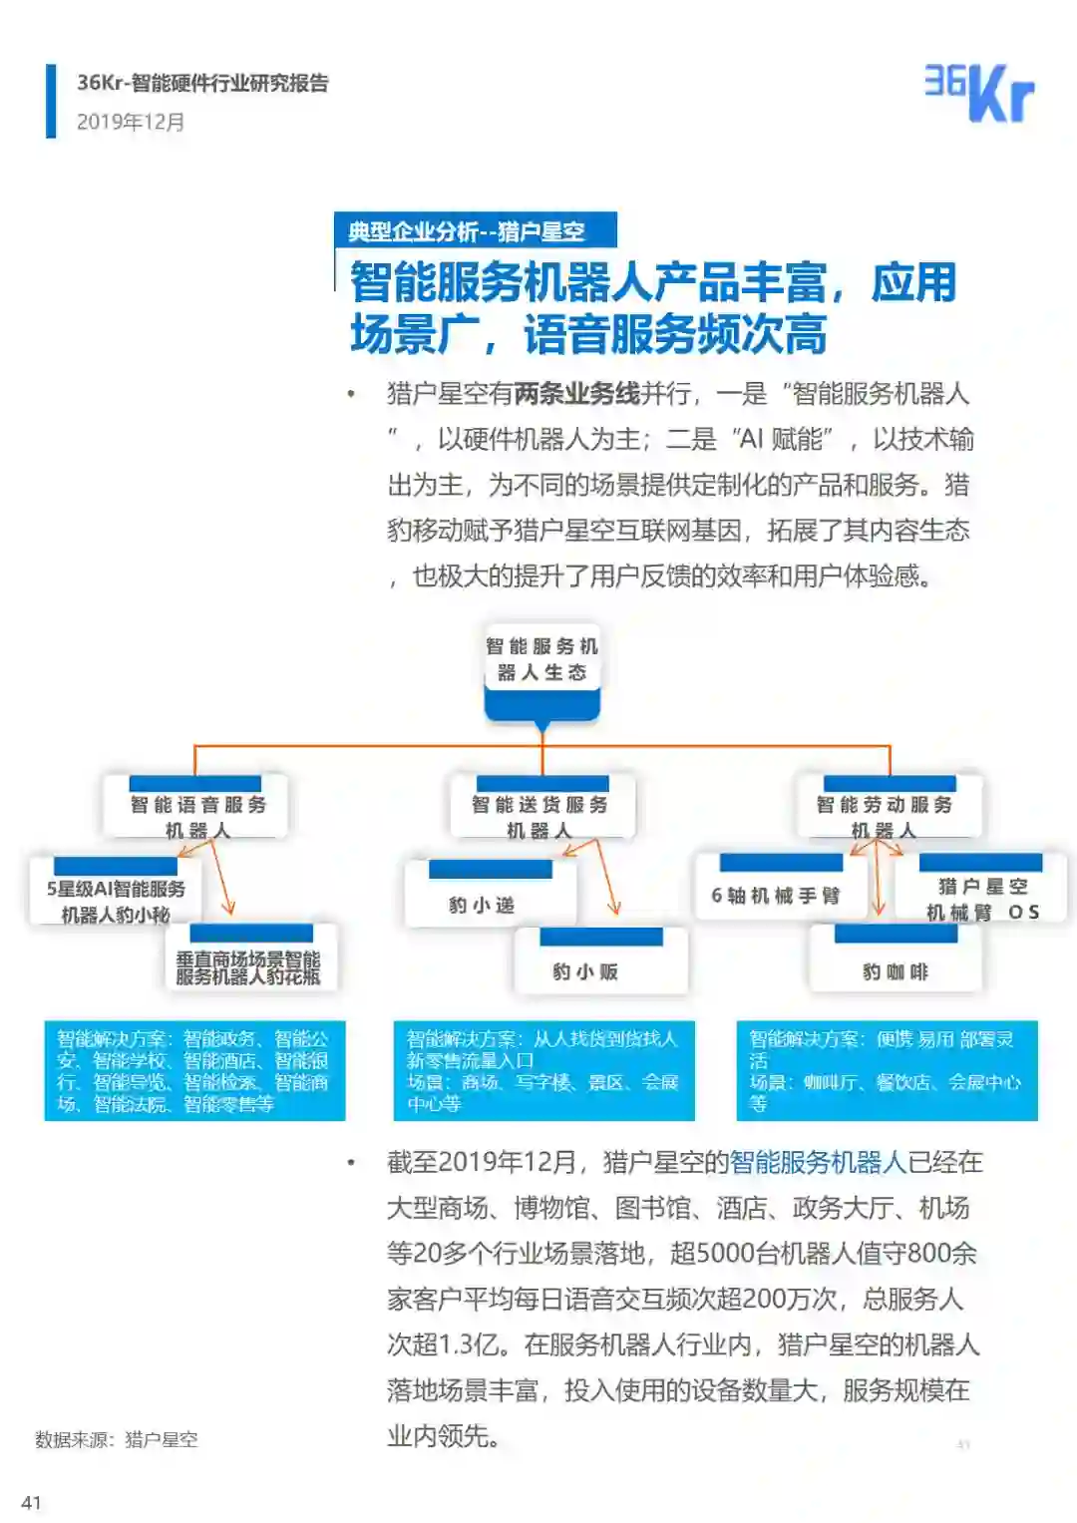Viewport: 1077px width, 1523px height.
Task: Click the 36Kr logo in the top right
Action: (x=978, y=93)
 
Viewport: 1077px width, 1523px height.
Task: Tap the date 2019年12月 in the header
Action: (x=131, y=122)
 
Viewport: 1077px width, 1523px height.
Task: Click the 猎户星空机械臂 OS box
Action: (x=981, y=894)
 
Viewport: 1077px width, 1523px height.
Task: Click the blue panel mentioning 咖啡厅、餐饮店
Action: (x=886, y=1070)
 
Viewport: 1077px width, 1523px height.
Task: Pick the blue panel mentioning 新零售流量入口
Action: (x=543, y=1070)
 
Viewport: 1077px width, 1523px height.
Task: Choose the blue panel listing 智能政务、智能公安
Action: (x=194, y=1070)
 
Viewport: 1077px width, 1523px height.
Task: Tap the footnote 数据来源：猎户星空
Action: (x=117, y=1439)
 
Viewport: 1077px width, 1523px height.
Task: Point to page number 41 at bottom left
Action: (x=32, y=1502)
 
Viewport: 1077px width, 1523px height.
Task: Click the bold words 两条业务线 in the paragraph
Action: (x=576, y=394)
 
